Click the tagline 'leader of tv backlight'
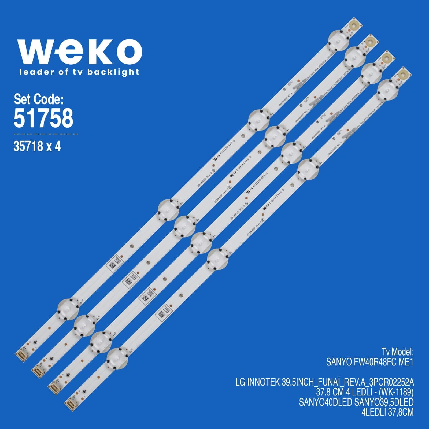79,72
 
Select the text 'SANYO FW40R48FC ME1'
369,363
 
